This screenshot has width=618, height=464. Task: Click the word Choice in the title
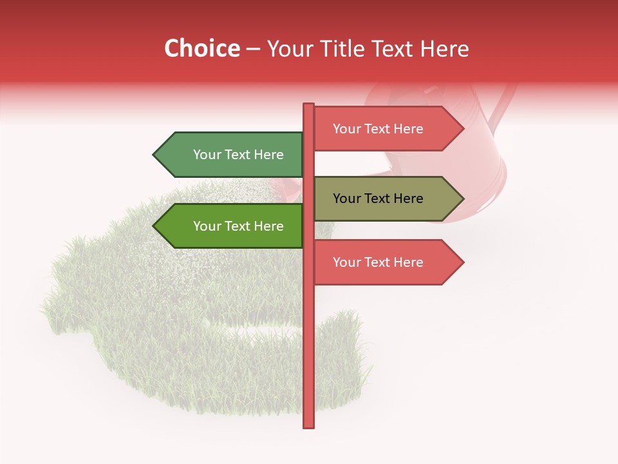(x=201, y=49)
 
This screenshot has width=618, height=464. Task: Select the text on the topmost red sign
(x=378, y=129)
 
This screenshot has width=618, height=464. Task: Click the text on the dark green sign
(x=238, y=155)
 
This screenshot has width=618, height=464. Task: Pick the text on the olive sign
(x=378, y=198)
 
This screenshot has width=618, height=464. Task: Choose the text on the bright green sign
(x=238, y=226)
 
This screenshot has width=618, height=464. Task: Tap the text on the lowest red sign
(x=378, y=262)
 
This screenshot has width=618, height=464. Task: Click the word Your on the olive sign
(x=346, y=198)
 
